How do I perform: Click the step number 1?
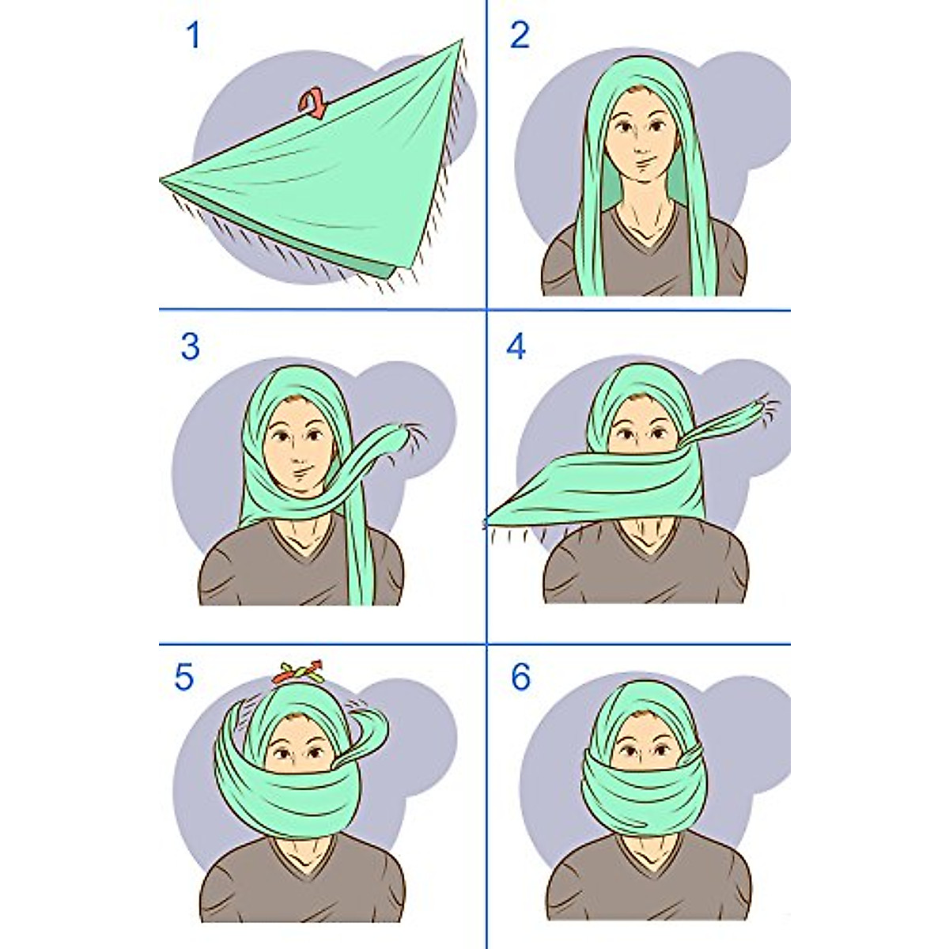tap(193, 36)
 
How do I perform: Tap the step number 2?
tap(520, 36)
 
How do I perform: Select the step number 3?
tap(190, 347)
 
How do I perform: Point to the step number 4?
tap(516, 347)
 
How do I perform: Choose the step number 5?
tap(183, 678)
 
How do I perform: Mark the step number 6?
tap(520, 678)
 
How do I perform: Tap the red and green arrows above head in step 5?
tap(300, 674)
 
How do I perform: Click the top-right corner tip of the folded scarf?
tap(460, 41)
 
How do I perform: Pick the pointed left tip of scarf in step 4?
tap(489, 521)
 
